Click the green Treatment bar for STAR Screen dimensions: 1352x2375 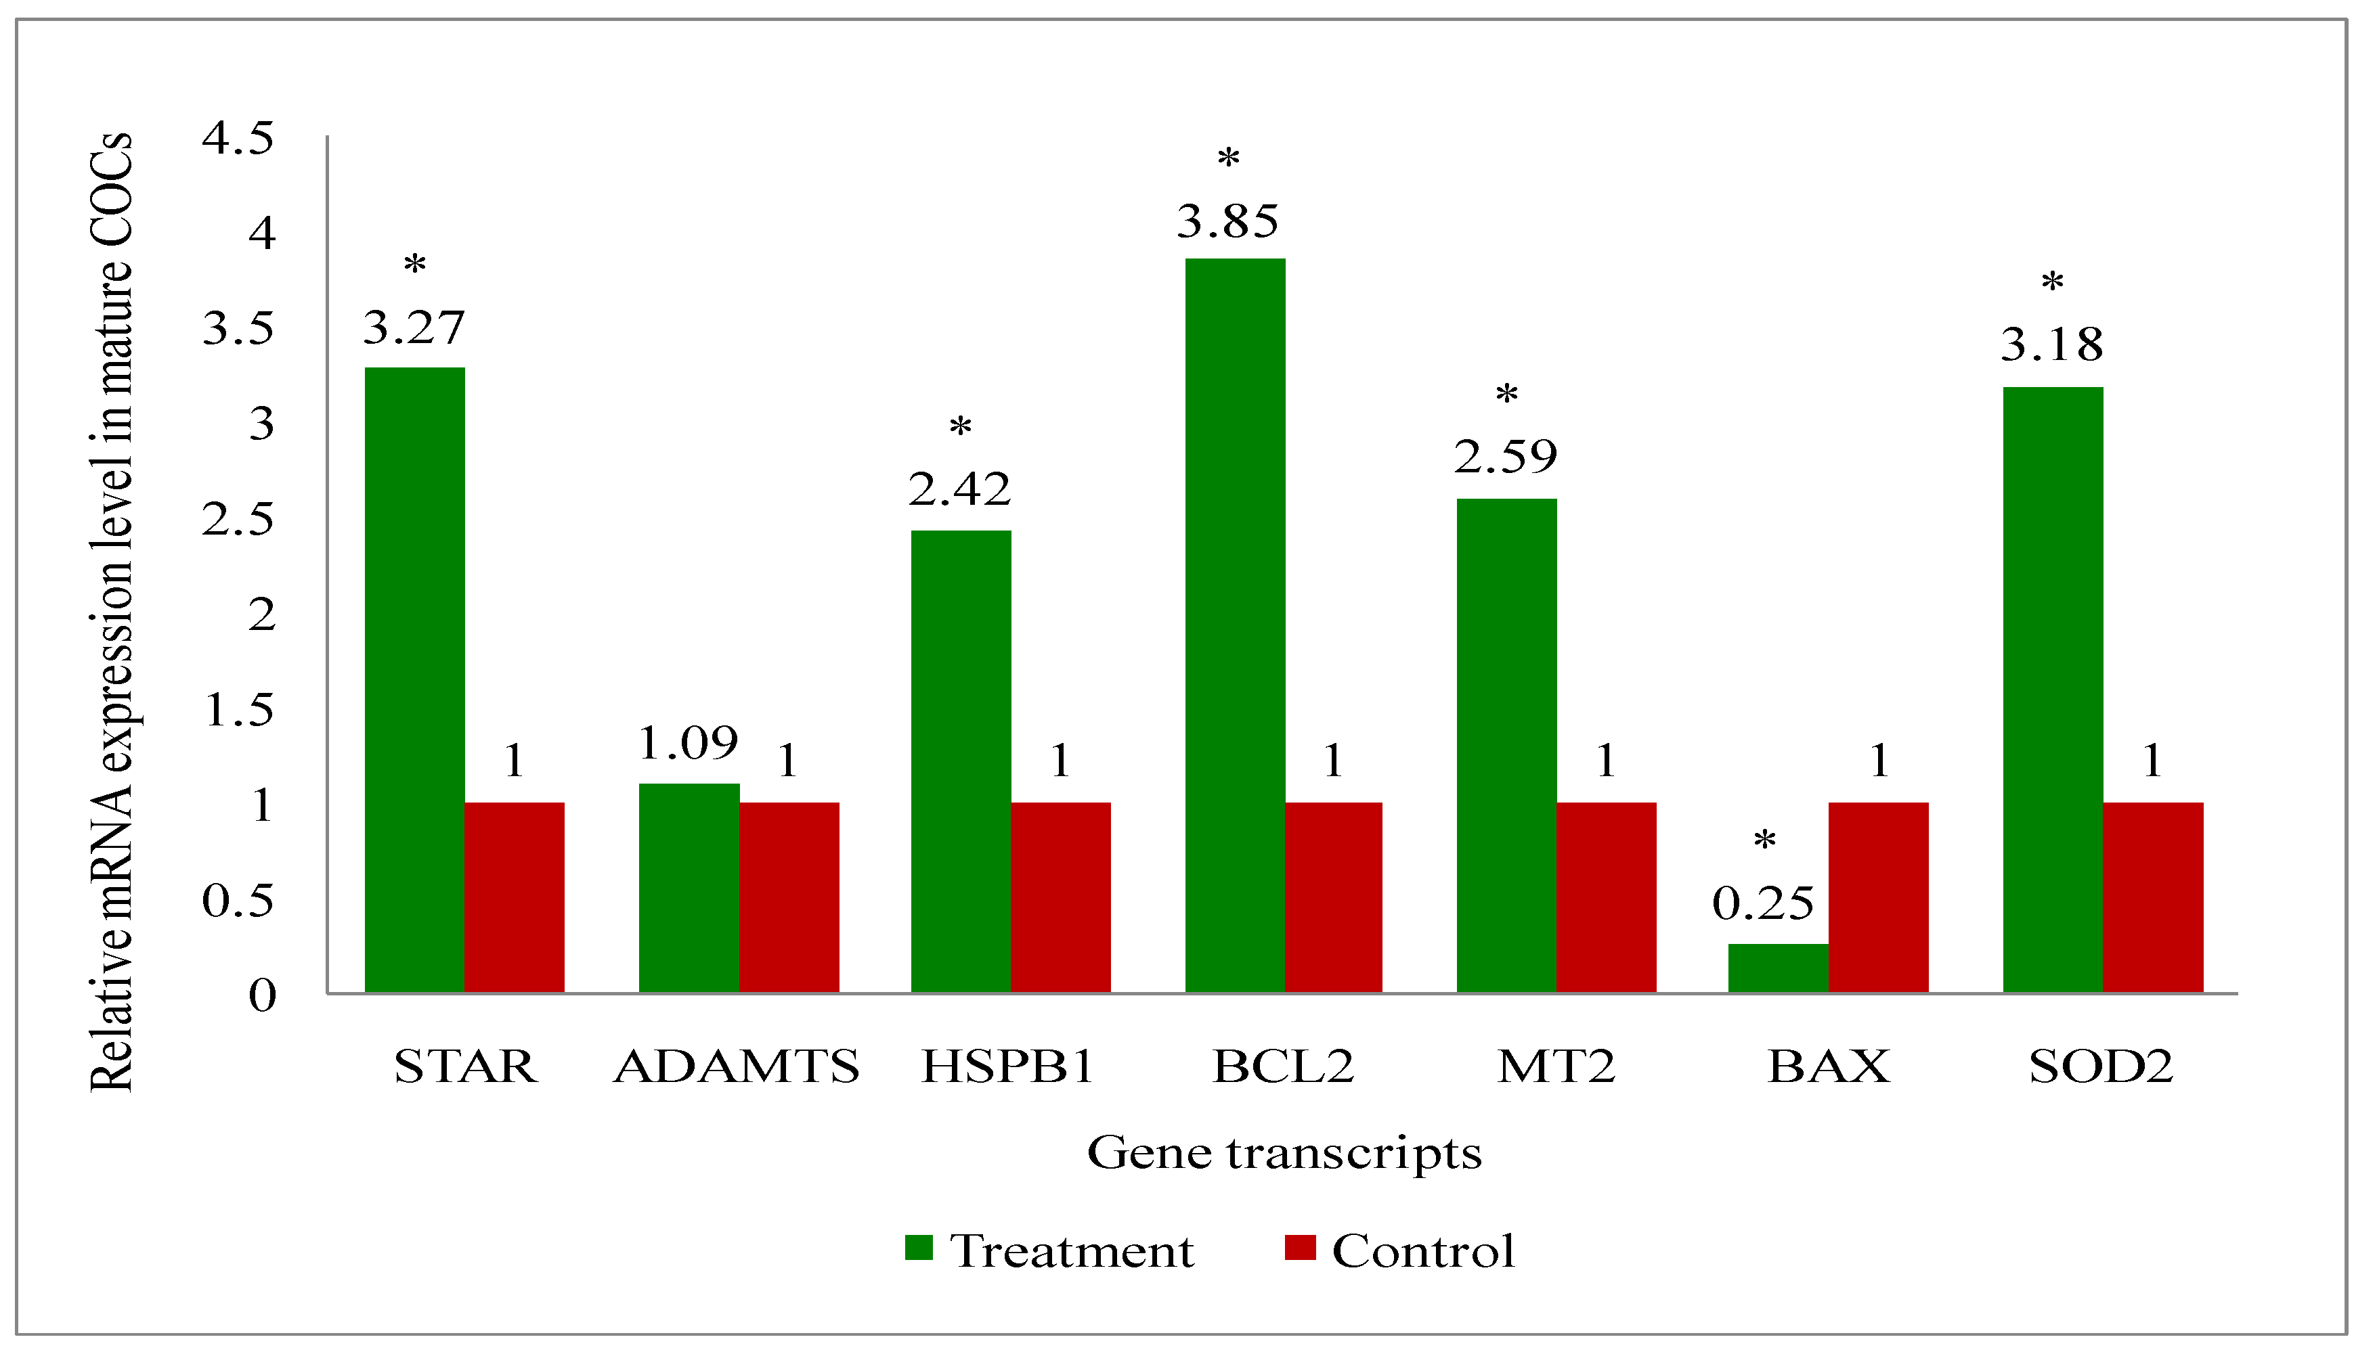414,679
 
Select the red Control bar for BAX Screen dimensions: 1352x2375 1878,897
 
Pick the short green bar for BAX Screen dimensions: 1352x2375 1778,968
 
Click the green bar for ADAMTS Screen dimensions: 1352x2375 689,888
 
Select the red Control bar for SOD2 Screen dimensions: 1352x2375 2152,897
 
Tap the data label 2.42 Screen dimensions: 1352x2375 959,489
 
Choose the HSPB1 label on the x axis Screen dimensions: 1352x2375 1008,1066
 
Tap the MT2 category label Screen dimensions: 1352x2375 1556,1066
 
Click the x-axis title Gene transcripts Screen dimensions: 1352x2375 1284,1153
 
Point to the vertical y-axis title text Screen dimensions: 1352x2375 112,613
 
